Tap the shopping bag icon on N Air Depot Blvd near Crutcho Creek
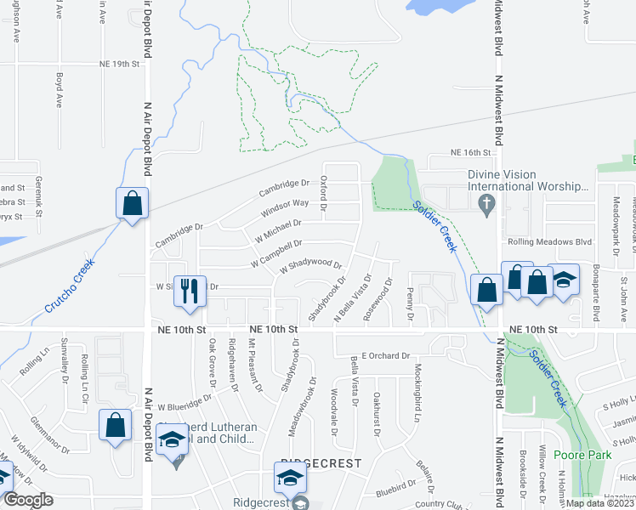[x=133, y=203]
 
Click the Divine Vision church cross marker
[x=486, y=204]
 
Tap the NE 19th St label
[x=118, y=64]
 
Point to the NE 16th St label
[x=472, y=152]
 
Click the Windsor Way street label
[x=285, y=204]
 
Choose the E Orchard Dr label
[x=385, y=355]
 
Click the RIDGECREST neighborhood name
[x=320, y=463]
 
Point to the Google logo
[x=28, y=500]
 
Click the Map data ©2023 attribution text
[x=599, y=503]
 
